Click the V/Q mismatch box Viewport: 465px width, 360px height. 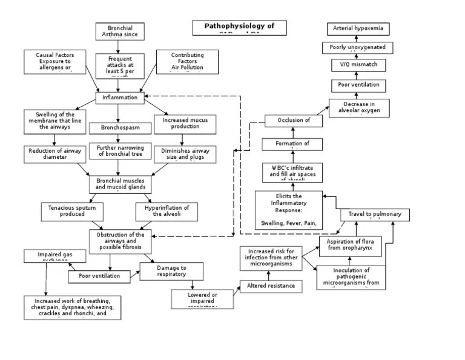click(x=358, y=65)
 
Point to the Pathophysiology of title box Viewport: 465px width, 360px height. click(x=239, y=27)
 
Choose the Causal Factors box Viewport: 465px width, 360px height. click(x=55, y=62)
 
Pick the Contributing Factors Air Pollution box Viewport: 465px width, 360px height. click(x=187, y=62)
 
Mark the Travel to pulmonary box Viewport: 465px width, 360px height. click(x=374, y=215)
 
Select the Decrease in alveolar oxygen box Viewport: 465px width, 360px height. click(x=359, y=107)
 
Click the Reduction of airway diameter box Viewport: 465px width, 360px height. click(x=54, y=155)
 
